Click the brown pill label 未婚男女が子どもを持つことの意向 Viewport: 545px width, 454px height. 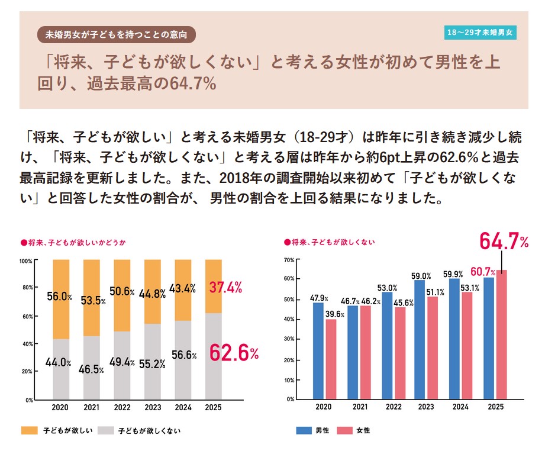coord(116,34)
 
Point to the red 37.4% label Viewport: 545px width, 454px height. coord(225,288)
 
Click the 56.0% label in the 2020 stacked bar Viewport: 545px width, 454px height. coord(60,297)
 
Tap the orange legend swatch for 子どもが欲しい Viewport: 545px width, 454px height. coord(29,431)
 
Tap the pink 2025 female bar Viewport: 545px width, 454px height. coord(502,334)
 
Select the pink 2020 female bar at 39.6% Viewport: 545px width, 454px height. coord(331,359)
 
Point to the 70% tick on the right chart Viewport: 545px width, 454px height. coord(289,260)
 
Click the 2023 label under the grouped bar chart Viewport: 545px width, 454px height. coord(426,407)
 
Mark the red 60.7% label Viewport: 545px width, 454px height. coord(483,272)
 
